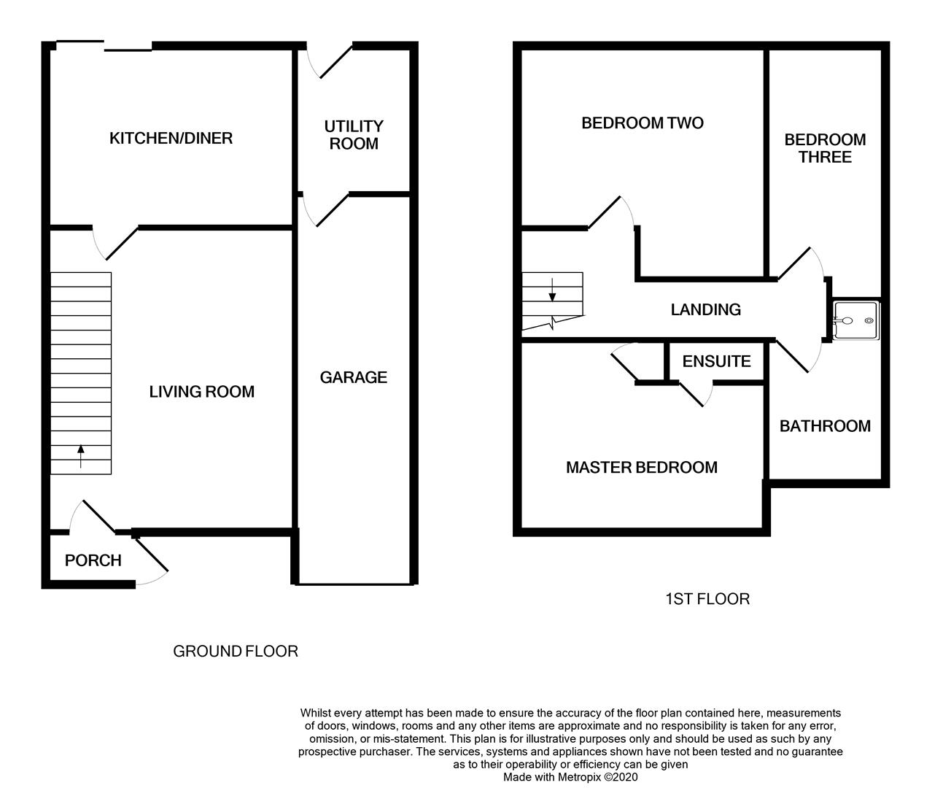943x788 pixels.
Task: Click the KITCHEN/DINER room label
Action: coord(171,138)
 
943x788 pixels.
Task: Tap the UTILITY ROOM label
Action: coord(354,135)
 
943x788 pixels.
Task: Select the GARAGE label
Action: coord(353,377)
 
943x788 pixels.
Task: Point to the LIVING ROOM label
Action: coord(201,392)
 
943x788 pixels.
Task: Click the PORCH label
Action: coord(93,560)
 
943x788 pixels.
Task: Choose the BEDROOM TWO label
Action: coord(642,123)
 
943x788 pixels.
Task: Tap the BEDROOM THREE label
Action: coord(825,148)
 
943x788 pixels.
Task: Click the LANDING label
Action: coord(705,309)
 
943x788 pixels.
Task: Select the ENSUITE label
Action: coord(716,361)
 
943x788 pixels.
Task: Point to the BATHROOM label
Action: coord(825,426)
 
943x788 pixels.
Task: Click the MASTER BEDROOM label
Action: coord(641,467)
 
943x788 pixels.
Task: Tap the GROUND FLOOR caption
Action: coord(235,651)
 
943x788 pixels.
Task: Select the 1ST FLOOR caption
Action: coord(707,599)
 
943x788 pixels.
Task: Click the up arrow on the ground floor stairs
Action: coord(80,456)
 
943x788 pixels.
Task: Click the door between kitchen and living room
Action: coord(121,243)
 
